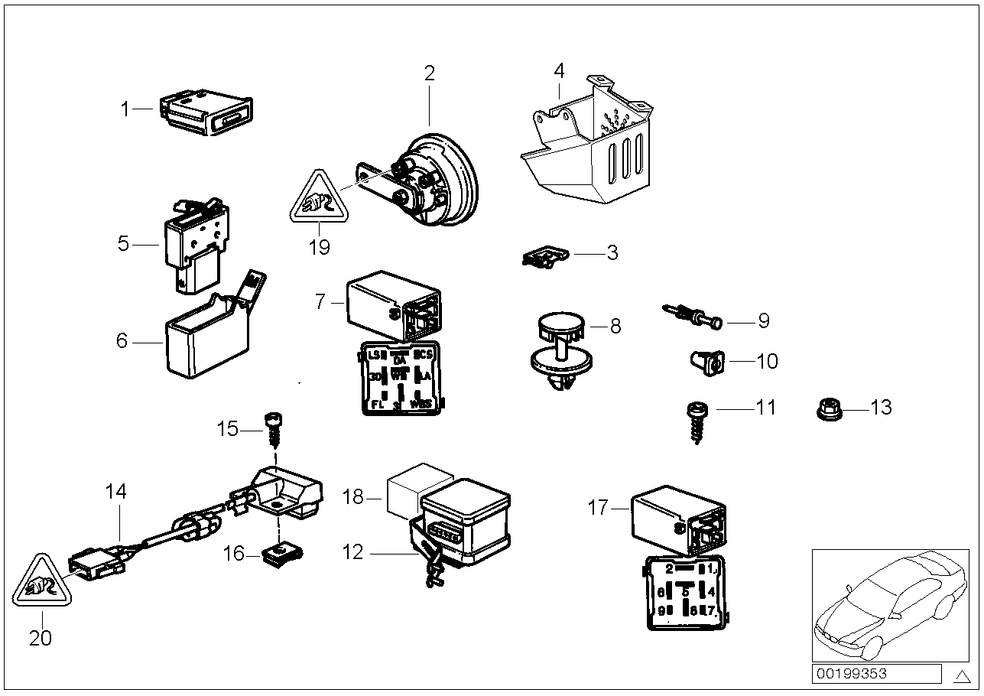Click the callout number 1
[125, 109]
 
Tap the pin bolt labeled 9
[693, 317]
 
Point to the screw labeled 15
[274, 431]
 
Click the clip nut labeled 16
[281, 553]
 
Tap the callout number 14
[116, 492]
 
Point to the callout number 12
[353, 551]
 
